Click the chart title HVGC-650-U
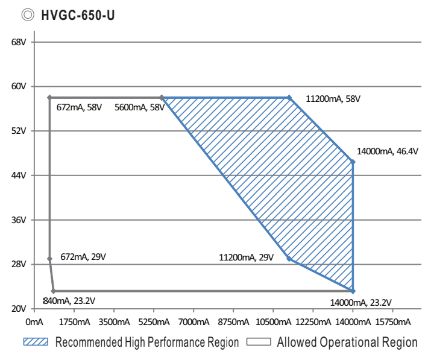pos(77,15)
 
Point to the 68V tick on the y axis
pos(19,42)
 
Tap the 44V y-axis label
pos(19,175)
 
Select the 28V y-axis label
pos(19,264)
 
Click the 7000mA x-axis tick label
pos(193,321)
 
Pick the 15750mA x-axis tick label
pos(392,321)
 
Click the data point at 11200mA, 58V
pos(289,97)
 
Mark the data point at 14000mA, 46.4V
pos(353,162)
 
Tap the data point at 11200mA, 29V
pos(289,259)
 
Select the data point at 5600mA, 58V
pos(162,97)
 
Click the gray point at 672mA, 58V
pos(49,97)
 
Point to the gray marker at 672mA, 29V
pos(49,259)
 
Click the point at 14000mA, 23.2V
pos(353,291)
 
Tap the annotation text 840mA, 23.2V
pos(69,300)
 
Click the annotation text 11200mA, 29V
pos(247,257)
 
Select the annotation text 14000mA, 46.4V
pos(388,151)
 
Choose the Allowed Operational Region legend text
pos(347,343)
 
